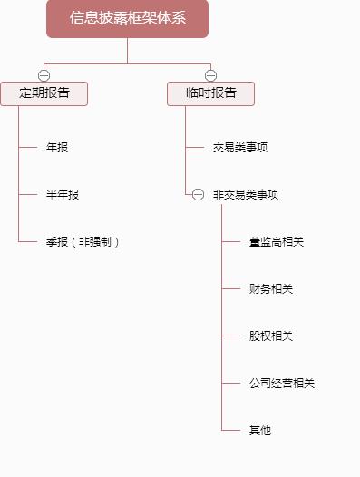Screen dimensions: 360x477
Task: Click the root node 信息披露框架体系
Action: tap(127, 18)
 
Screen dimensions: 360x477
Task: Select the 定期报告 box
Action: tap(44, 93)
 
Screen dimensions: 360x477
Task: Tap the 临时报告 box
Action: tap(210, 93)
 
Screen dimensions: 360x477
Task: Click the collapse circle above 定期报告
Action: tap(44, 75)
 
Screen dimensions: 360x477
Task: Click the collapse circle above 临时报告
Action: tap(210, 75)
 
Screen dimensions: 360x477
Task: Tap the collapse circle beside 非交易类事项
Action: tap(198, 195)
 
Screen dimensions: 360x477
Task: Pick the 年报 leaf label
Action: tap(56, 147)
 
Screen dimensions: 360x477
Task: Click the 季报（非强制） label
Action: tap(83, 242)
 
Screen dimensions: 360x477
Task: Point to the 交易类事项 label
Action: tap(240, 147)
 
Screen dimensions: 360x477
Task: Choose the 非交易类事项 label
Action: tap(246, 195)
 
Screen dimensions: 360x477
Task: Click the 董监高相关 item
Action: tap(277, 242)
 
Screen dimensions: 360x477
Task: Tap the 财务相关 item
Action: tap(271, 289)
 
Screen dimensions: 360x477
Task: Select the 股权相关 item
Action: tap(271, 336)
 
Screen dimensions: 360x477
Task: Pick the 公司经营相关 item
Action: tap(282, 384)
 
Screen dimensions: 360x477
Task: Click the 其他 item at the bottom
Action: tap(260, 431)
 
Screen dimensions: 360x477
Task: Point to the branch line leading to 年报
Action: tap(28, 147)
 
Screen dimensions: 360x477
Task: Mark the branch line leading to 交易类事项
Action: tap(196, 147)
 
